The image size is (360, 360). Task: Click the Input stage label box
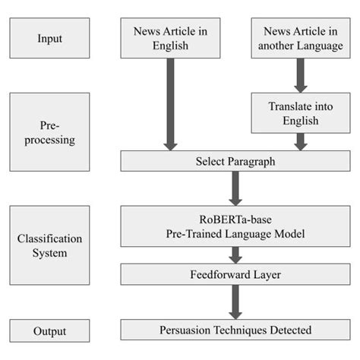[x=49, y=38]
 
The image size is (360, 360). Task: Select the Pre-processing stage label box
[x=49, y=131]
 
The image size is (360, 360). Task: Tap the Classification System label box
[x=49, y=244]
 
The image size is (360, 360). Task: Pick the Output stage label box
[x=49, y=331]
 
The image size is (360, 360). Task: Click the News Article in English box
[x=170, y=38]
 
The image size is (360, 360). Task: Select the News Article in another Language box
[x=300, y=38]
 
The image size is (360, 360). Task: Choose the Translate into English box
[x=300, y=114]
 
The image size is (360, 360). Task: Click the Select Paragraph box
[x=235, y=161]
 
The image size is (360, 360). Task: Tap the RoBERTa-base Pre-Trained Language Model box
[x=235, y=226]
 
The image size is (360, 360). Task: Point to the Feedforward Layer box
[x=235, y=274]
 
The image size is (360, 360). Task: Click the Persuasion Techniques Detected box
[x=235, y=330]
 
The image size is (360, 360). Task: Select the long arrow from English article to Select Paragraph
[x=170, y=103]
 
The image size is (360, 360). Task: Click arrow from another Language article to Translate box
[x=300, y=76]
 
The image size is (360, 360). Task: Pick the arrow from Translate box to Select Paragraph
[x=300, y=141]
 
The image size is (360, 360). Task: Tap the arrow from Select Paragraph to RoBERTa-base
[x=235, y=188]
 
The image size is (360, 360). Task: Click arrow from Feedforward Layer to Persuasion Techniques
[x=235, y=302]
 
